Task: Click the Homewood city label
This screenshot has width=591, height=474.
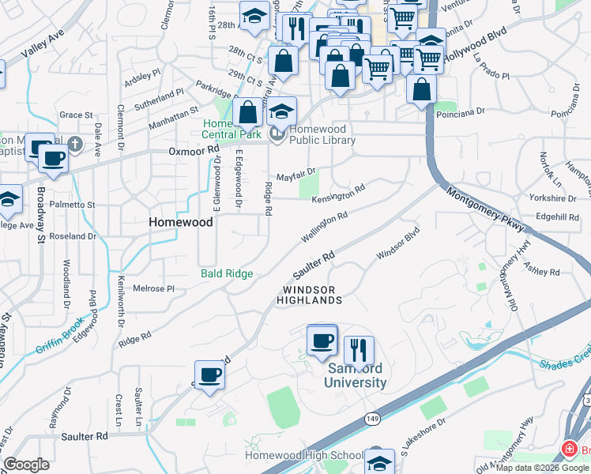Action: click(x=181, y=223)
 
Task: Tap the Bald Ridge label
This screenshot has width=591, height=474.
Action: click(x=226, y=273)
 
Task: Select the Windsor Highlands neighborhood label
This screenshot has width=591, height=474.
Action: click(x=309, y=295)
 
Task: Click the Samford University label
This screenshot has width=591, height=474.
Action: click(x=356, y=375)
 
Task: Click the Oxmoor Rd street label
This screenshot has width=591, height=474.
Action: click(x=193, y=150)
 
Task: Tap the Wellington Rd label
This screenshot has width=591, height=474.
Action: click(x=324, y=227)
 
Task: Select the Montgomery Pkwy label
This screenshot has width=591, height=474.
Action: click(x=485, y=209)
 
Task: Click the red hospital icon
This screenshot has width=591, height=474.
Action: click(x=568, y=450)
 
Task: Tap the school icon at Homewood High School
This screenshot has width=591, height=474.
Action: click(x=380, y=461)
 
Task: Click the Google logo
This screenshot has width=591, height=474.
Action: click(x=26, y=465)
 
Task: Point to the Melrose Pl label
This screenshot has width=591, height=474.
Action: click(x=152, y=288)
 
